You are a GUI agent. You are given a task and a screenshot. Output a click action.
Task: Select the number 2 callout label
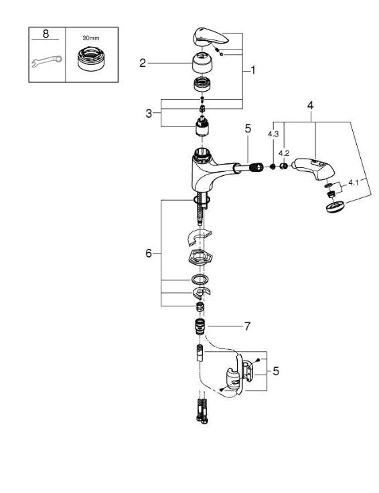143,63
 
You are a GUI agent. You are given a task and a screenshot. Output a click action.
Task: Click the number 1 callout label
253,69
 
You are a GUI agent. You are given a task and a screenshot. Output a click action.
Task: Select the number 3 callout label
149,114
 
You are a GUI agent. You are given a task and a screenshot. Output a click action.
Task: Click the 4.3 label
273,134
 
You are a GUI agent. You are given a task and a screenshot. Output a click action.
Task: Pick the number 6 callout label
149,253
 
